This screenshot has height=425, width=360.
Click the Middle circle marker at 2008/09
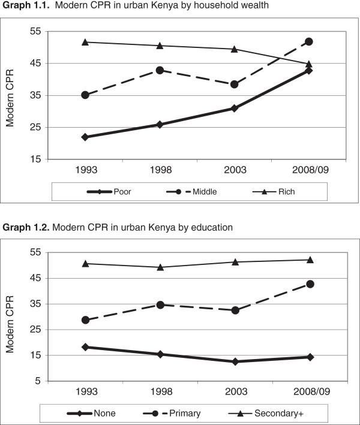point(309,41)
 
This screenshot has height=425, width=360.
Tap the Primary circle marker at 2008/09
point(310,284)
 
